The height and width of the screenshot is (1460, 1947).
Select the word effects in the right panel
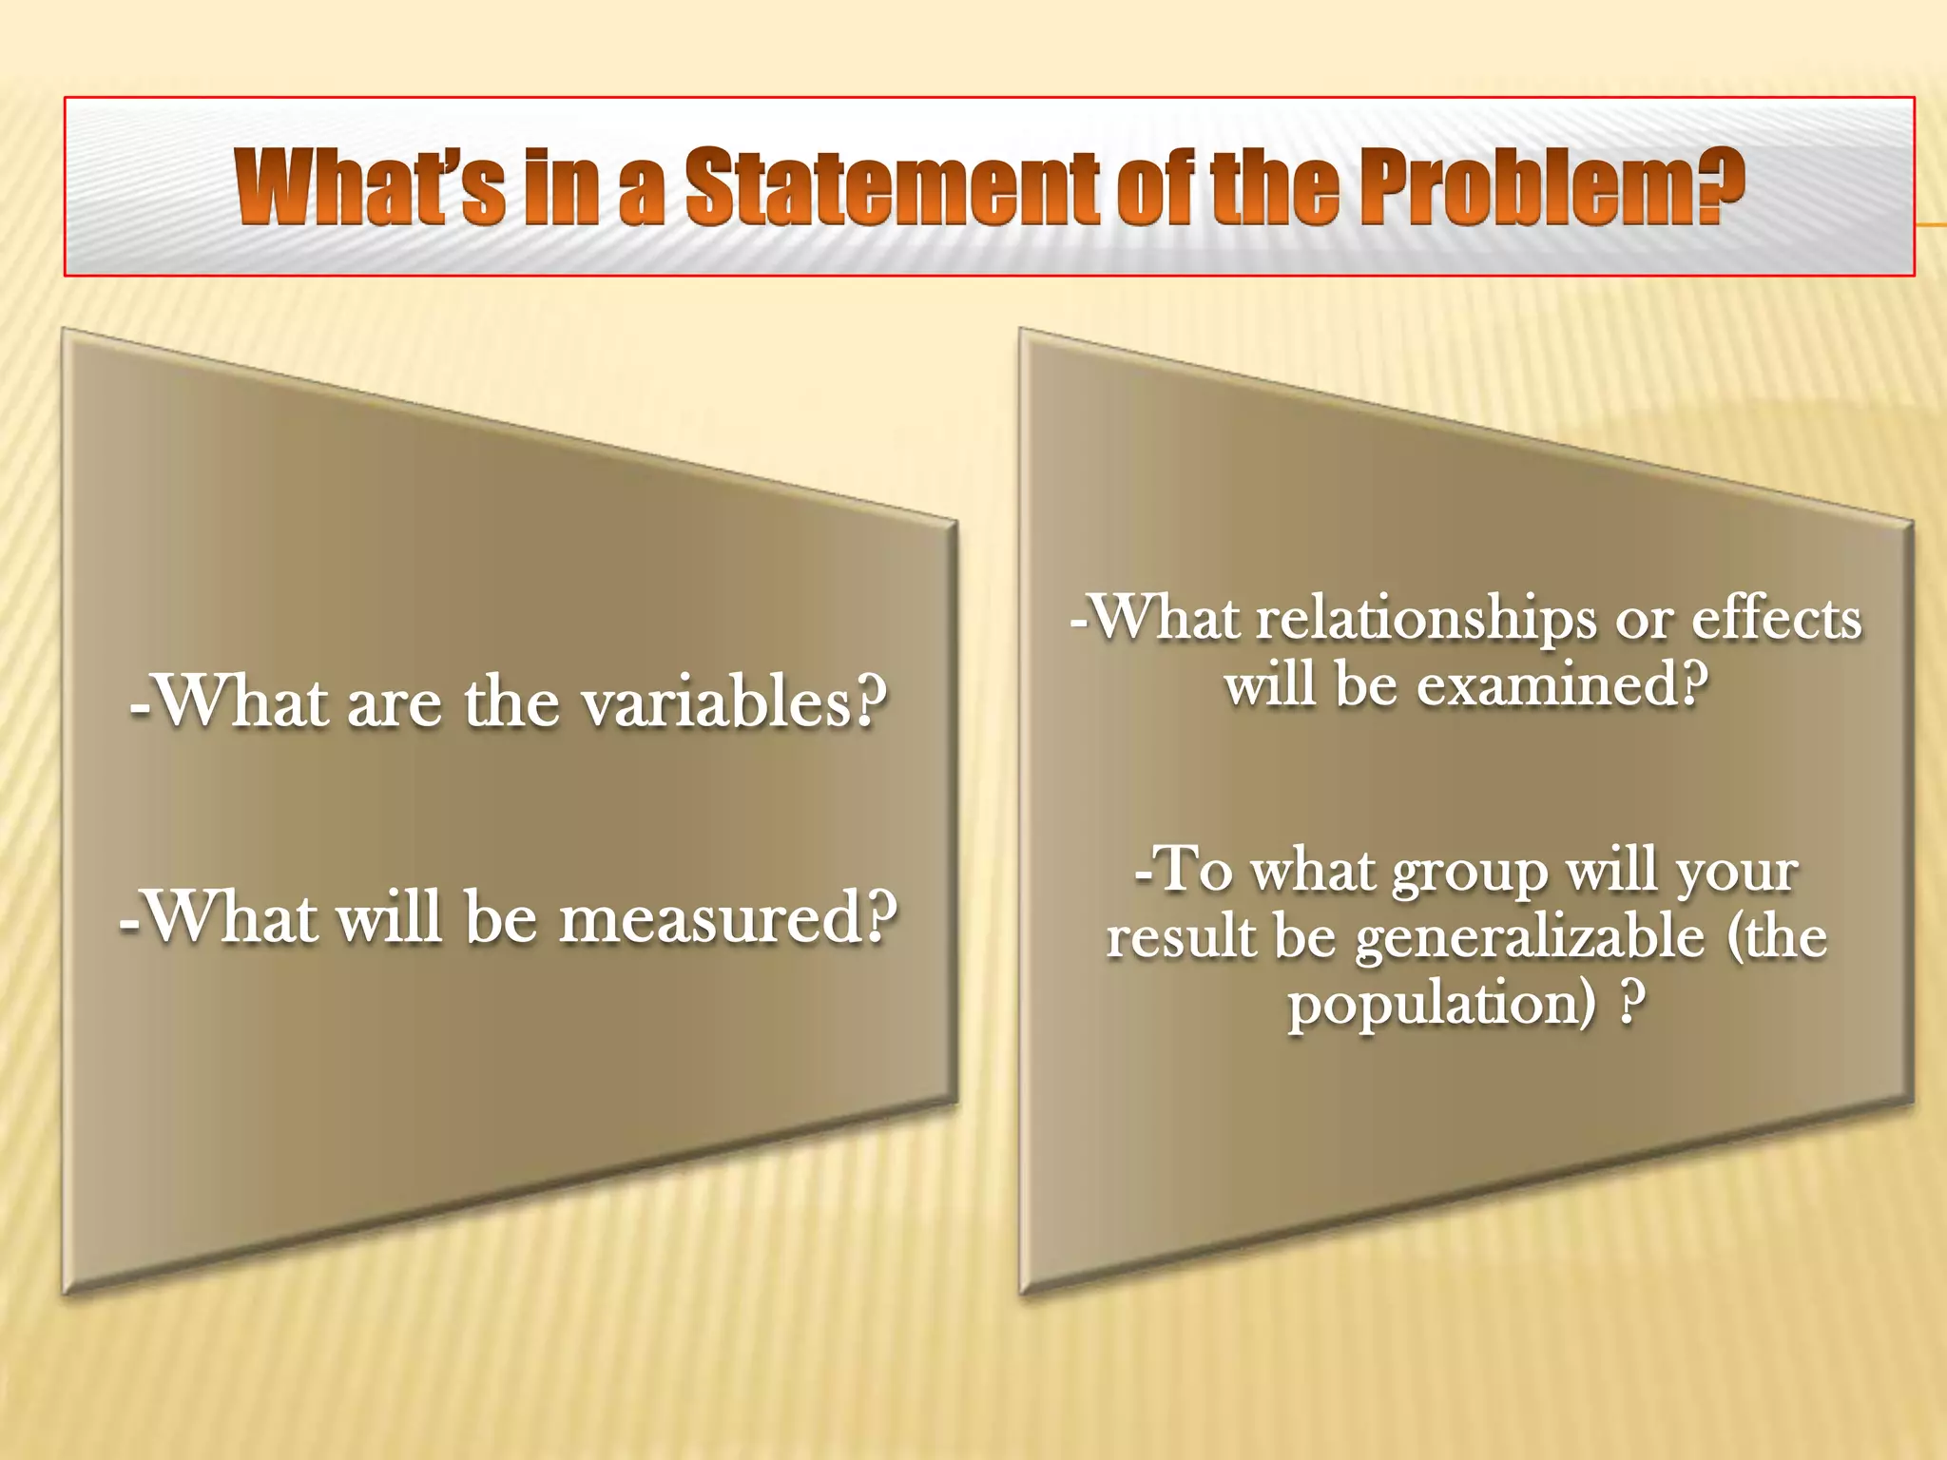point(1776,620)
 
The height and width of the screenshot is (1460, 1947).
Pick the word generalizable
point(1530,939)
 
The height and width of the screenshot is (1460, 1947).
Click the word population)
point(1441,1006)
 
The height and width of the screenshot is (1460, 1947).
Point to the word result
point(1181,937)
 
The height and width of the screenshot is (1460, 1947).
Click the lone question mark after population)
point(1631,1004)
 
